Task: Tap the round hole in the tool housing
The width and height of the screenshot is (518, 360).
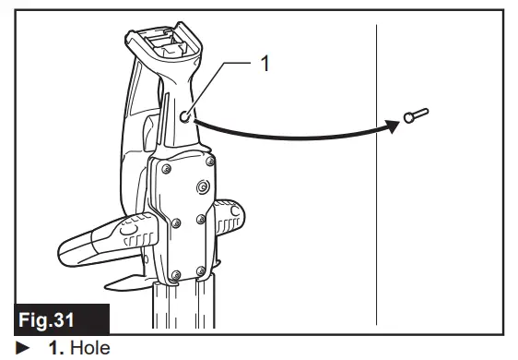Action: click(187, 117)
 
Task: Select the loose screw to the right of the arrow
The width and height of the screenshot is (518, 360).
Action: click(416, 115)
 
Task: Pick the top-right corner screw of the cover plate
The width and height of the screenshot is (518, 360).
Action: click(212, 162)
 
